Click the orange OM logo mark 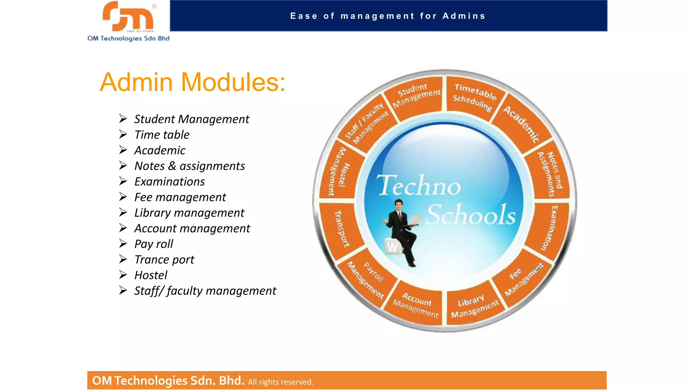point(128,16)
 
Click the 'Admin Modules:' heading point(192,82)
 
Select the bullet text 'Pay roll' point(154,244)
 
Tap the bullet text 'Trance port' point(164,260)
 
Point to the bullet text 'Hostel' point(150,275)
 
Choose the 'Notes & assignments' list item point(189,166)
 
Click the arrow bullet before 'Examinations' point(123,181)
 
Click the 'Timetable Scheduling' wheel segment point(474,97)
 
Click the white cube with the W point(393,246)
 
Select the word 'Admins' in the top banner point(464,16)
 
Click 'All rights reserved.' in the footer point(280,382)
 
